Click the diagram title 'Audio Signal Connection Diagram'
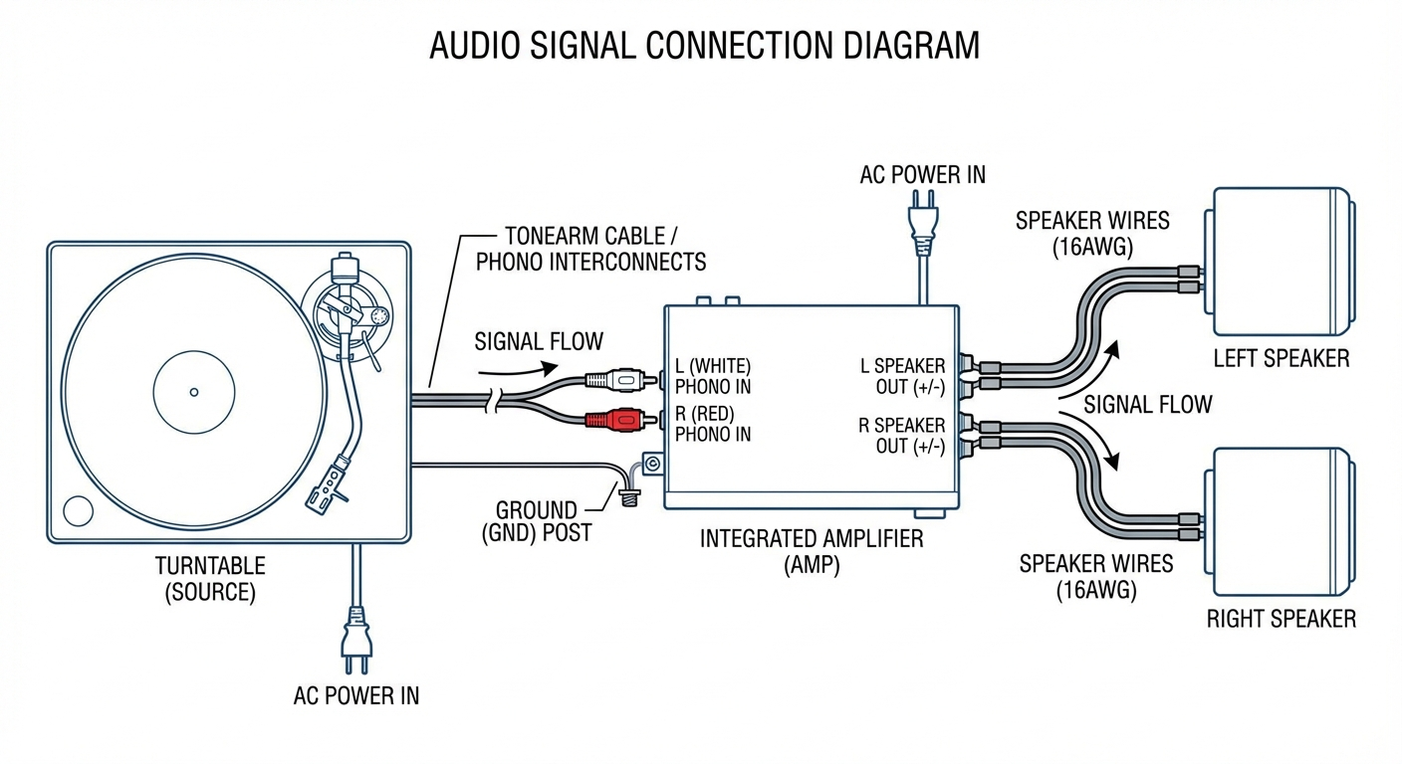pos(704,46)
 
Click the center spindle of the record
pos(194,392)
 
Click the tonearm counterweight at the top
pos(345,270)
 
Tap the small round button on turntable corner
pos(78,511)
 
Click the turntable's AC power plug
pos(355,637)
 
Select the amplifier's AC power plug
pos(922,226)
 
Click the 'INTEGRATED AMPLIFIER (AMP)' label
pos(812,551)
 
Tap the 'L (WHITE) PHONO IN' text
pos(713,376)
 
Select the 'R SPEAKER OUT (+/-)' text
pos(902,436)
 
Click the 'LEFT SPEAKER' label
pos(1281,358)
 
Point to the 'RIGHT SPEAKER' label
pos(1281,619)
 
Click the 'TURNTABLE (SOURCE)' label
pos(210,579)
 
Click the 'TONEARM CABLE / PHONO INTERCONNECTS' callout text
pos(590,249)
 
